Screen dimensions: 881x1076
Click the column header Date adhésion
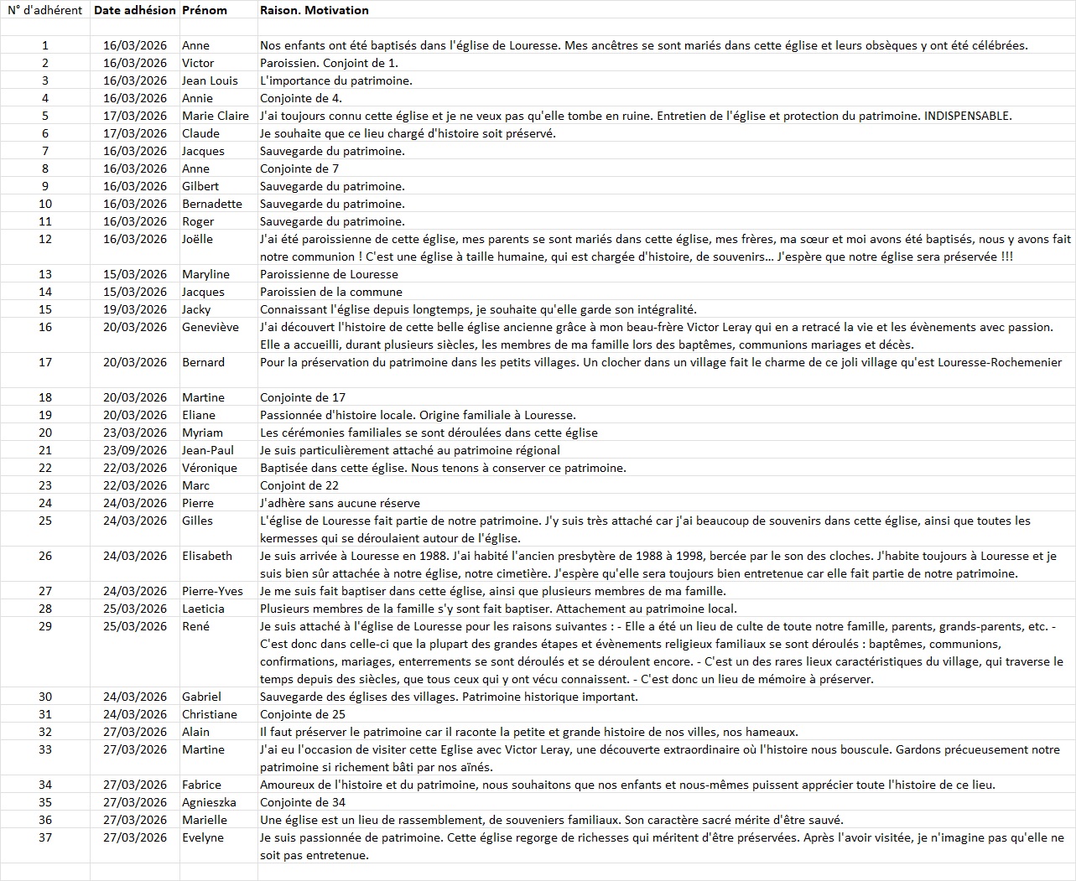[134, 10]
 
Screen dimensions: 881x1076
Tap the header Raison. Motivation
[314, 10]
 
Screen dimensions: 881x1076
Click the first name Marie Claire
[216, 116]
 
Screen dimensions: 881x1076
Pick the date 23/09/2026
[135, 450]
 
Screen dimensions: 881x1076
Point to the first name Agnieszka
[211, 802]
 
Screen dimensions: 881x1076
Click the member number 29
[45, 626]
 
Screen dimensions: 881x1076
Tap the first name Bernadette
[212, 204]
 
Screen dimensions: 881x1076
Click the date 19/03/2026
[135, 309]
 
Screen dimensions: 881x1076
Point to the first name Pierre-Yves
[212, 591]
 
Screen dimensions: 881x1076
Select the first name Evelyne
[203, 837]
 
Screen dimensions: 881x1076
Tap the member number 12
[45, 239]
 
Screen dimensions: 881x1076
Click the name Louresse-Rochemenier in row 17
[997, 362]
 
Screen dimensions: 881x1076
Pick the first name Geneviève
[211, 327]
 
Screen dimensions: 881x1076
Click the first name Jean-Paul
[208, 450]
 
